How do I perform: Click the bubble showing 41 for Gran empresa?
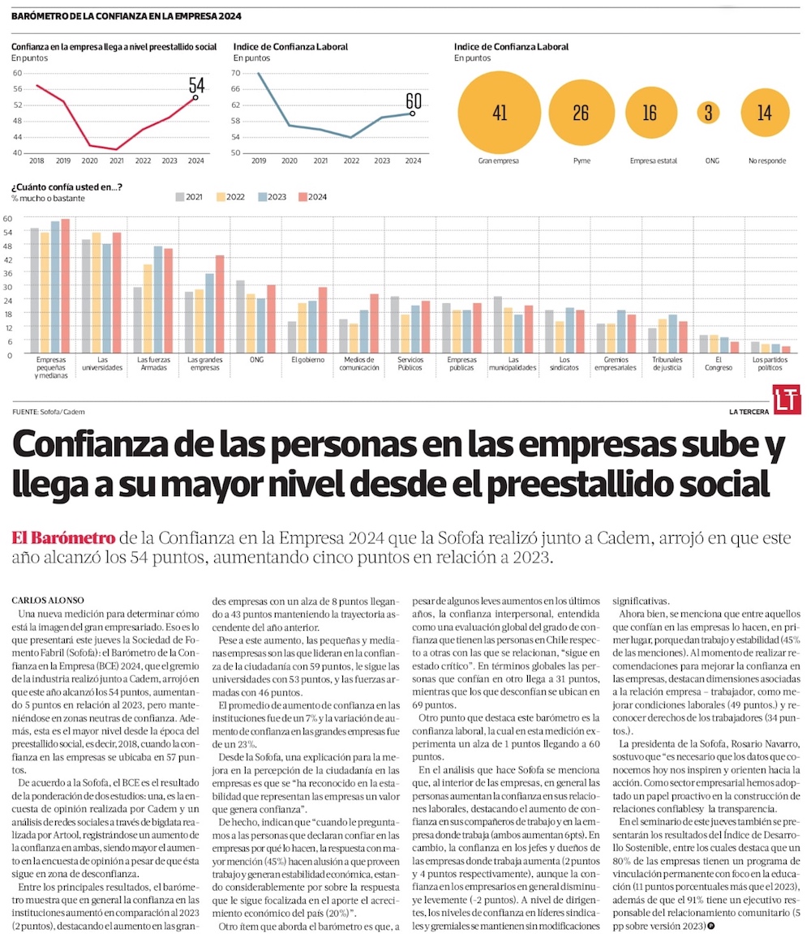(499, 113)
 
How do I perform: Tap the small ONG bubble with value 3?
(708, 113)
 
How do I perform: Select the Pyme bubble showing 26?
(581, 113)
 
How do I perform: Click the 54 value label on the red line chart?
(196, 85)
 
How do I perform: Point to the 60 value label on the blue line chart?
(414, 101)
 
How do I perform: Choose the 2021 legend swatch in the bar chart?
(181, 197)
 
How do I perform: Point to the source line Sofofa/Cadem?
(49, 412)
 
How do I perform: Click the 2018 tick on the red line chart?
(36, 161)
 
